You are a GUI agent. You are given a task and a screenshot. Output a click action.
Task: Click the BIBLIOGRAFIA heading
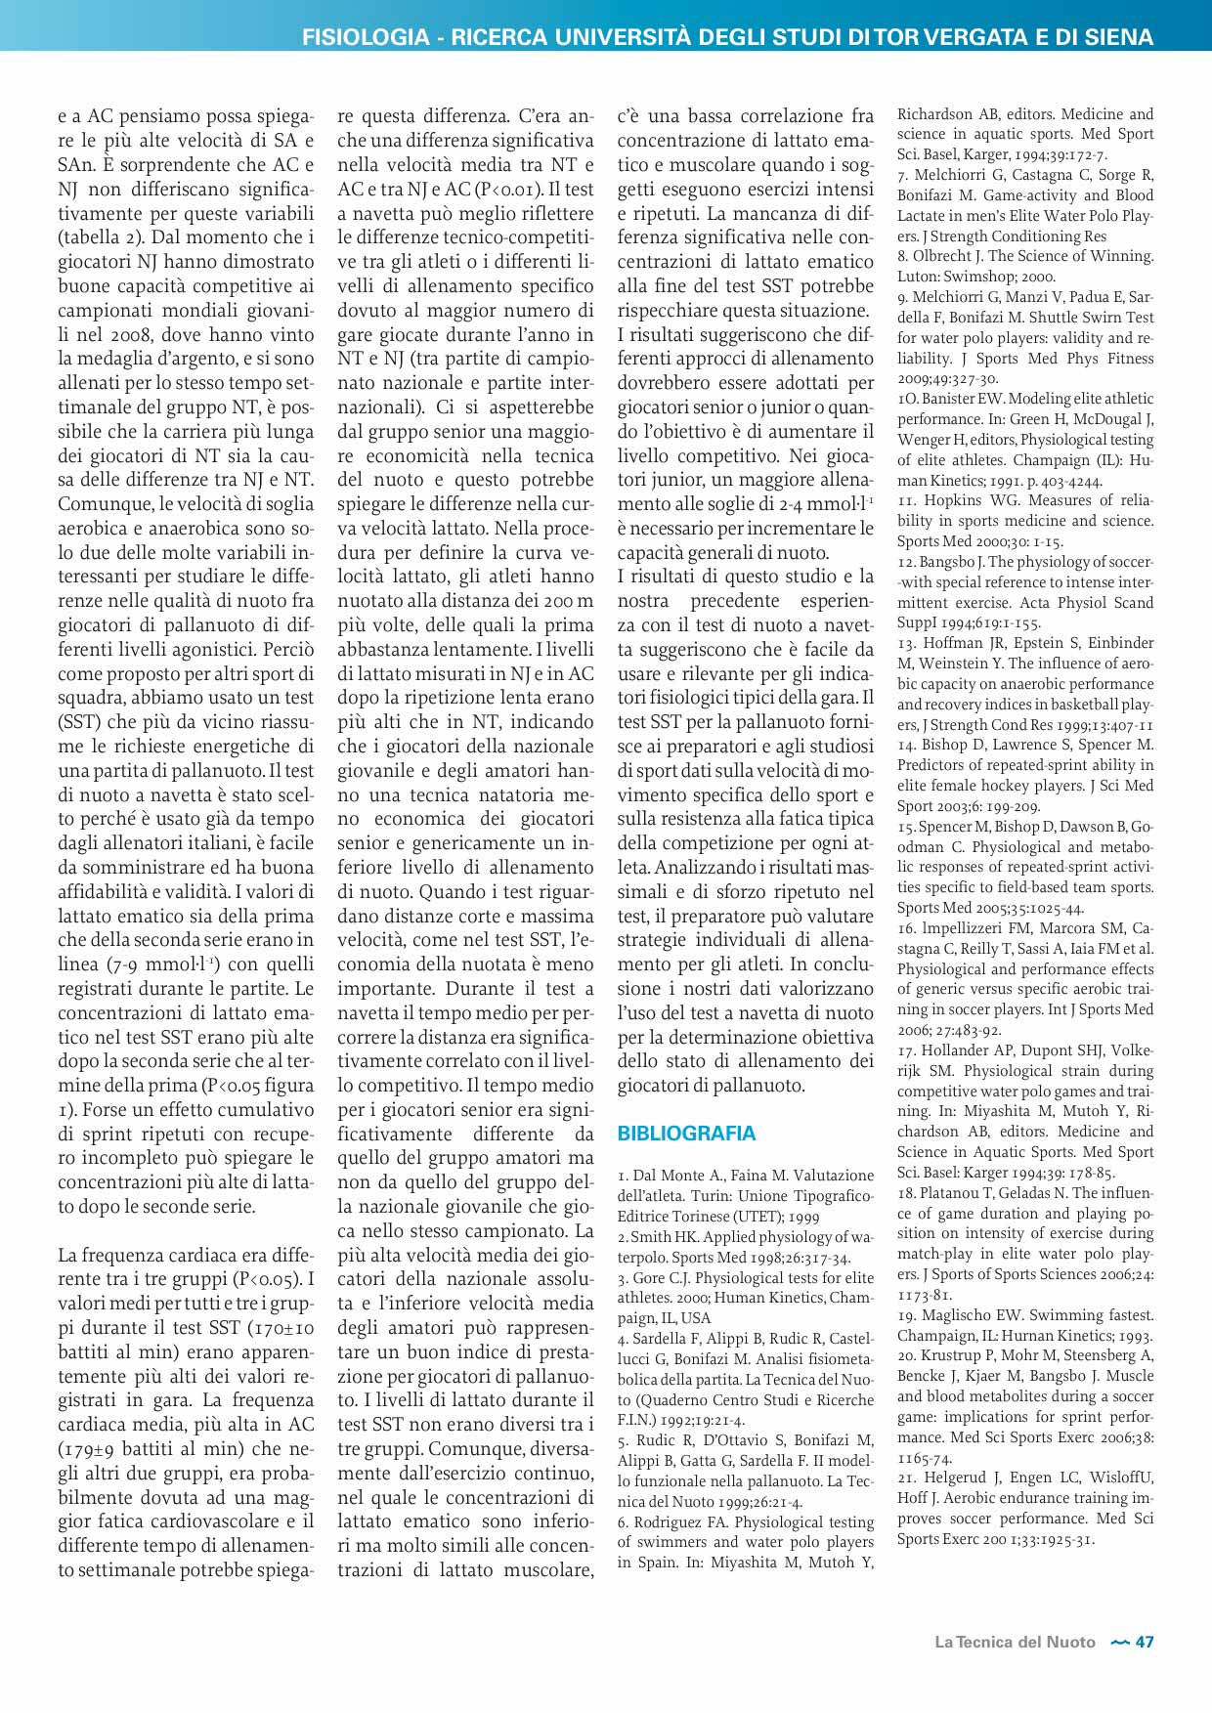click(686, 1134)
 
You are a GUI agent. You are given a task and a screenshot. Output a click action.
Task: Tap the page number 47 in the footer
click(1145, 1643)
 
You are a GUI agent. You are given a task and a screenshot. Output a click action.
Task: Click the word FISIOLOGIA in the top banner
click(366, 37)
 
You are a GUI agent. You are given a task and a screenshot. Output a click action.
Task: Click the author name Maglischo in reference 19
click(971, 1315)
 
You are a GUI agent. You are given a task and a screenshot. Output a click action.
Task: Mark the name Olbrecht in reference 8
click(950, 256)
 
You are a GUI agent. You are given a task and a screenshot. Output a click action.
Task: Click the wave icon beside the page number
click(1120, 1643)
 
